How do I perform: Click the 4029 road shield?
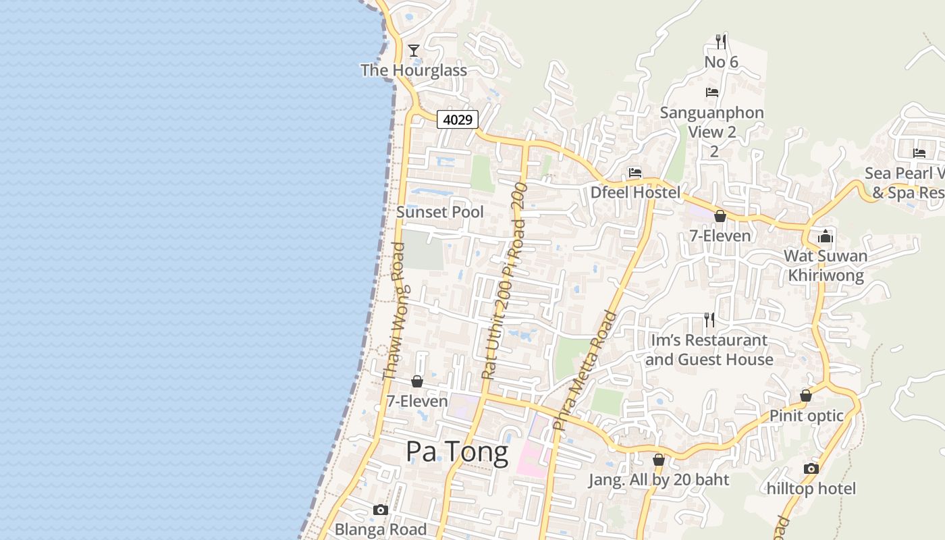tap(458, 119)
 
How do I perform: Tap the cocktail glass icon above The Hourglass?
tap(414, 50)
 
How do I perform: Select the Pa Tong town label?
tap(457, 452)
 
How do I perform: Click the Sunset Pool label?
tap(440, 212)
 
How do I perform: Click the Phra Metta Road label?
tap(585, 371)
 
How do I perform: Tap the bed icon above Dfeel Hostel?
tap(635, 173)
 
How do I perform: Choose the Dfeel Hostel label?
tap(635, 192)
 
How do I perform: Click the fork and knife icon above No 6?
tap(721, 42)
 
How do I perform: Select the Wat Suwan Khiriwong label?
tap(826, 265)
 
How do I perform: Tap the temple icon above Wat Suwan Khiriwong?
tap(825, 236)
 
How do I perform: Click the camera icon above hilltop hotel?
tap(811, 468)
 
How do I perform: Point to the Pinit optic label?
tap(807, 415)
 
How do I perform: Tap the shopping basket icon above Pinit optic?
tap(806, 396)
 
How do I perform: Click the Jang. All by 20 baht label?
tap(659, 480)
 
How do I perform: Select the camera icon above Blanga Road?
tap(381, 510)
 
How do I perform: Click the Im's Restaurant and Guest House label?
tap(709, 350)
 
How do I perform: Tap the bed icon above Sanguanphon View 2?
tap(712, 92)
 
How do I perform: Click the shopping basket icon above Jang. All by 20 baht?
tap(659, 460)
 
